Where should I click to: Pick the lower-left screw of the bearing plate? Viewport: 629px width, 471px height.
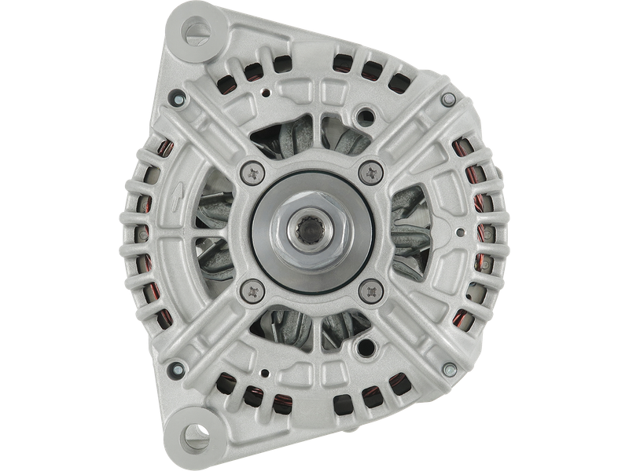pyautogui.click(x=252, y=289)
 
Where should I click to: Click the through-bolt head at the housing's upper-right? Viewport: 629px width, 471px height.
pyautogui.click(x=447, y=99)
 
